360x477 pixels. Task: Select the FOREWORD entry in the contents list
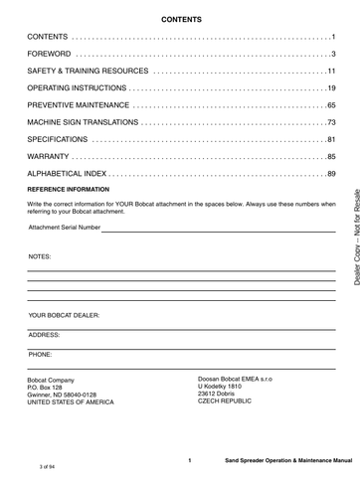pos(50,54)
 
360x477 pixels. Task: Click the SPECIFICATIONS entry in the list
pos(63,138)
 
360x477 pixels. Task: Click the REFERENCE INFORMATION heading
pos(68,189)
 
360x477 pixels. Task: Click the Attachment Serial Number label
pos(65,228)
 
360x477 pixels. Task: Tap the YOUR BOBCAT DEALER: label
pos(65,315)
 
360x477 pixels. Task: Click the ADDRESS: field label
pos(45,334)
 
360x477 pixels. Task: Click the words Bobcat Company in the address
pos(51,381)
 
